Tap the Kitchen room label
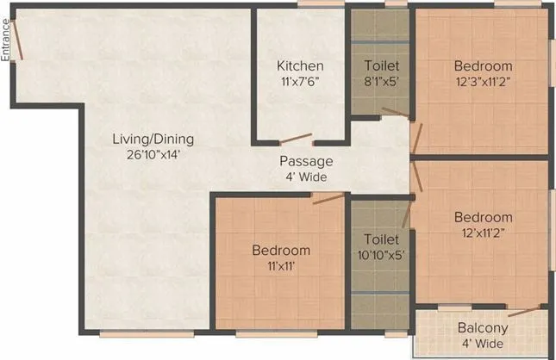300,66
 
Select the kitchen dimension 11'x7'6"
300,82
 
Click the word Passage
306,161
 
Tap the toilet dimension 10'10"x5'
381,255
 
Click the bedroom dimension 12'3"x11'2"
484,82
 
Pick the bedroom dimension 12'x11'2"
484,233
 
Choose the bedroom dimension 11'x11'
281,266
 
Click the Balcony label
481,328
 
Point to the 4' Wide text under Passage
306,177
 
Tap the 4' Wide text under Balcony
481,344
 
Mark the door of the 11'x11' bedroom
328,198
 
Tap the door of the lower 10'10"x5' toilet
395,207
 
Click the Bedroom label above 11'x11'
281,251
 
